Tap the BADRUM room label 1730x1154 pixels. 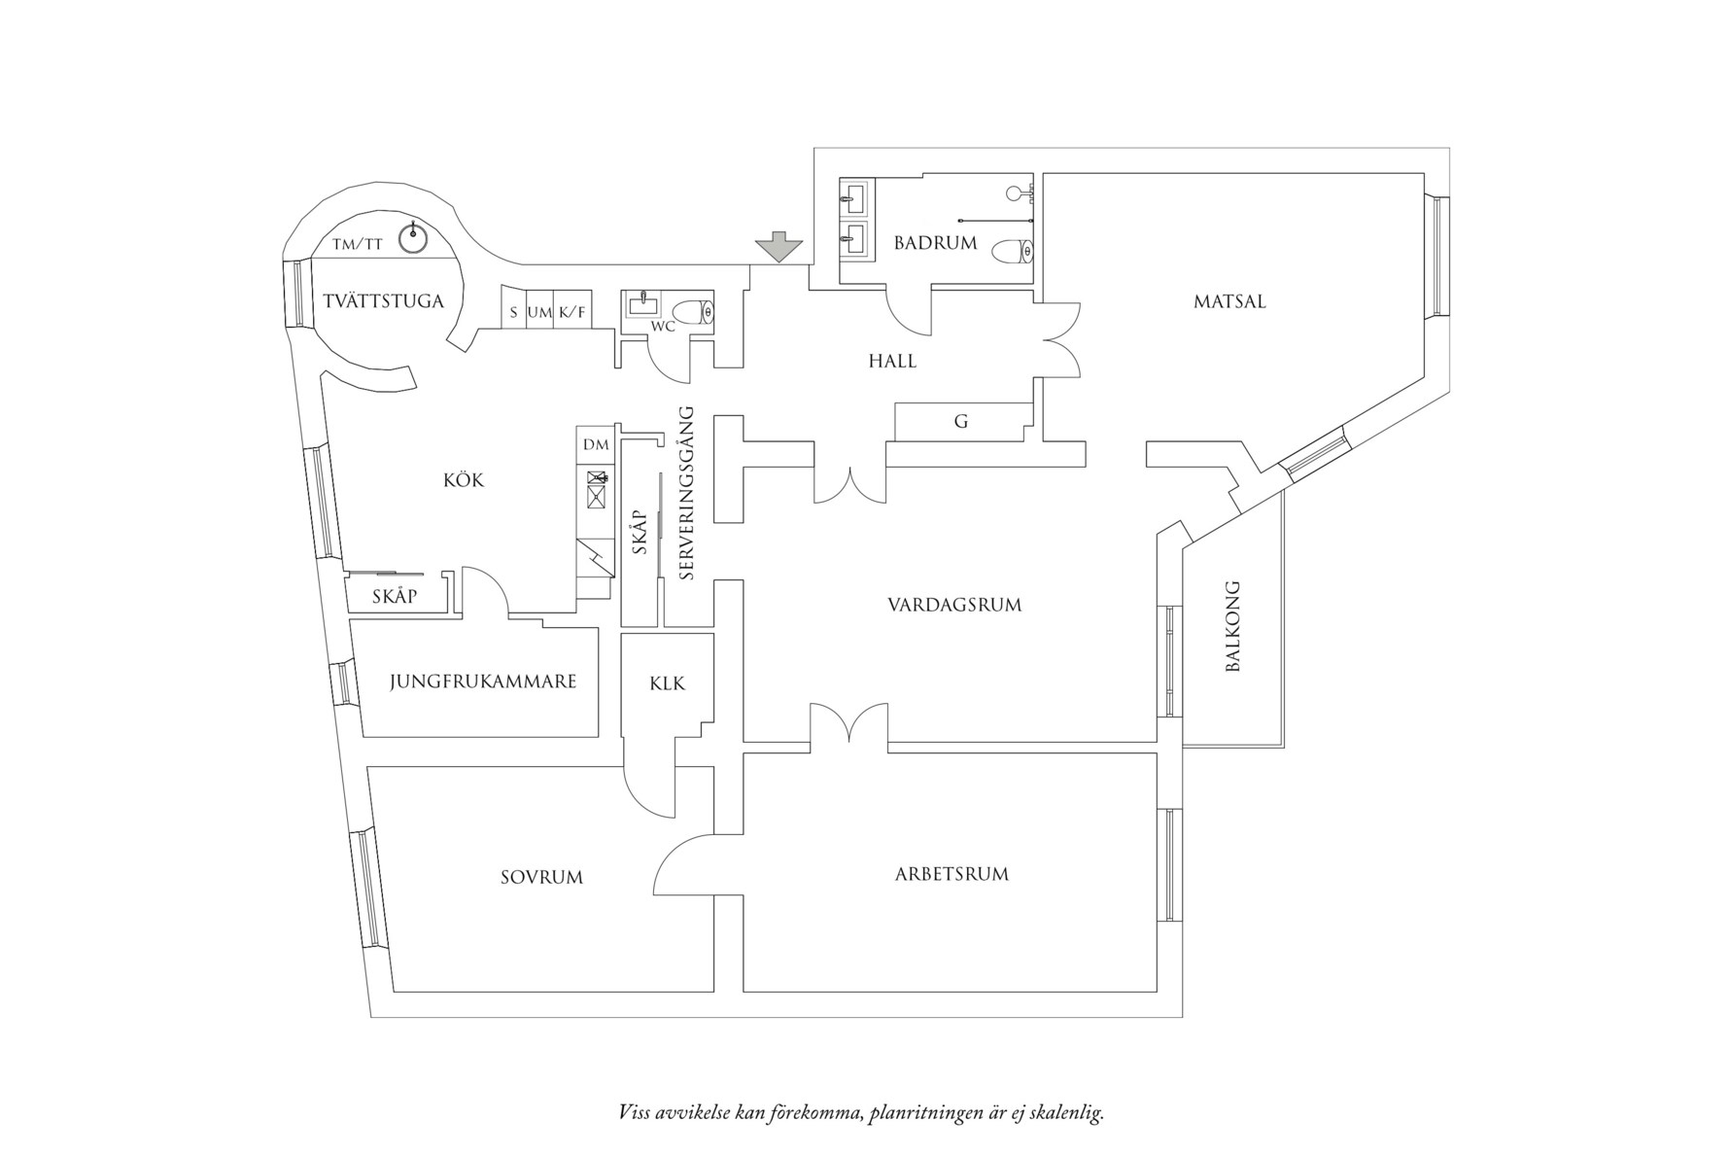click(x=935, y=243)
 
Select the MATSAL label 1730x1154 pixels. click(x=1229, y=301)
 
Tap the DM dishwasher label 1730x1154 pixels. click(x=596, y=445)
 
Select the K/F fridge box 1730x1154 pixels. click(x=572, y=313)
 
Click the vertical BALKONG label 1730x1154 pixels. click(x=1232, y=627)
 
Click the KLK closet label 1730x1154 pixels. click(x=667, y=683)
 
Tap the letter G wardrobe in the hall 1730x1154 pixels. click(x=961, y=422)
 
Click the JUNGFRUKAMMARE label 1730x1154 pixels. click(x=483, y=682)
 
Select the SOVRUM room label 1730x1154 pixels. click(x=541, y=877)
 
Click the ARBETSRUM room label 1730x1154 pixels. click(x=951, y=874)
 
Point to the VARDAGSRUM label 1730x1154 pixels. click(x=954, y=605)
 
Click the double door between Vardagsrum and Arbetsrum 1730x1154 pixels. click(x=848, y=726)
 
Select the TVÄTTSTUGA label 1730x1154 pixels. click(x=383, y=300)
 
